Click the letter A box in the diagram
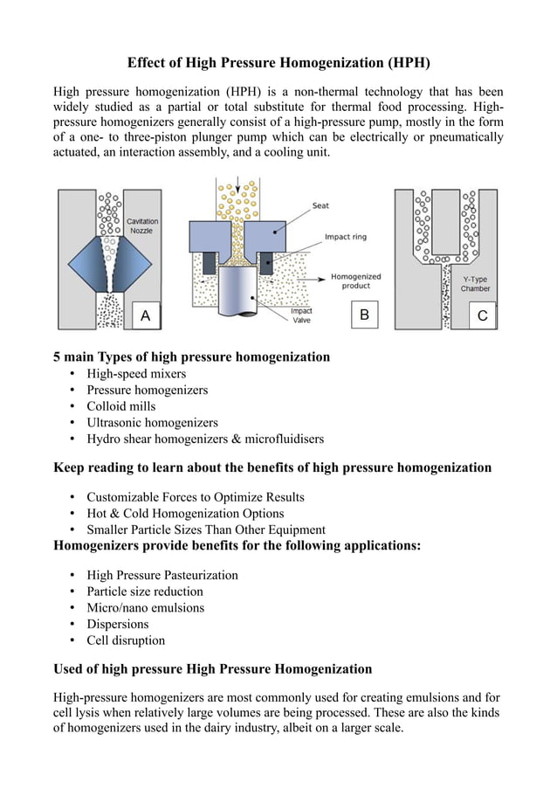[x=145, y=316]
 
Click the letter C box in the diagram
[x=482, y=315]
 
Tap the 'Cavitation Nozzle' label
[x=142, y=225]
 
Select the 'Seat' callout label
[x=320, y=205]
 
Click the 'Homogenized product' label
[x=355, y=281]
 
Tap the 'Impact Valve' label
[x=301, y=315]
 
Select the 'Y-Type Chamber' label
[x=476, y=283]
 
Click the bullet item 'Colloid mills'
[x=120, y=406]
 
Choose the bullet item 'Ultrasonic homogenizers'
[x=152, y=422]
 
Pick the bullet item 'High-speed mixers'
[x=136, y=374]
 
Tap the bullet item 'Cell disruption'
[x=126, y=640]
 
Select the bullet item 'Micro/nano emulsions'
[x=145, y=608]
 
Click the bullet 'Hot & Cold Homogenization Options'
[x=185, y=514]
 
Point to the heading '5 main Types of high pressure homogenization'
[x=192, y=356]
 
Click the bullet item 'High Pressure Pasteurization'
[x=162, y=576]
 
